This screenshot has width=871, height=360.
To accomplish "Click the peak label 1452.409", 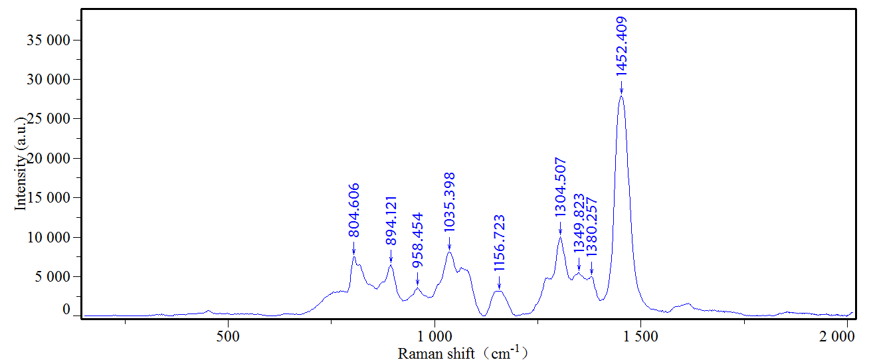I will click(621, 46).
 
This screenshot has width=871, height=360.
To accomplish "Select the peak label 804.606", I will click(353, 210).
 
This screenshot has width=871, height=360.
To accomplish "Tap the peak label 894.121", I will click(391, 221).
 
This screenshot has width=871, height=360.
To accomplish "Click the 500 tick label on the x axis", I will click(228, 336).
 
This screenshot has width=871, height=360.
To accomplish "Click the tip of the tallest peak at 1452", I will click(621, 96).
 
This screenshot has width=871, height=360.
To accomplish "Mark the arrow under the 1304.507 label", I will click(560, 230).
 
